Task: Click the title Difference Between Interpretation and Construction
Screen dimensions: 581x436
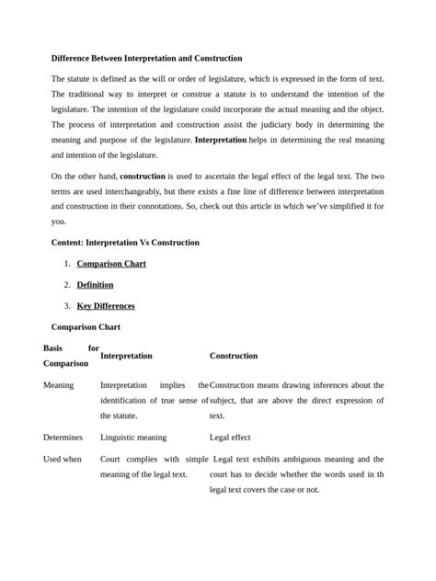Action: click(146, 58)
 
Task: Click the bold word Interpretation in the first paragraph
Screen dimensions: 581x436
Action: click(221, 140)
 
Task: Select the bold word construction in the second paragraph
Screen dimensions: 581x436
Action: click(143, 175)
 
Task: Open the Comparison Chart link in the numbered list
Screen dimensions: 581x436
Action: click(111, 264)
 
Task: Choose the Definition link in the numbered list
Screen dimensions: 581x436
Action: click(95, 285)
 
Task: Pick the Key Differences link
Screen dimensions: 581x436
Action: click(105, 306)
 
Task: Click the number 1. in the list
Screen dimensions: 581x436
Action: click(67, 264)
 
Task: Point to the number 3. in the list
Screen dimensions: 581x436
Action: click(67, 306)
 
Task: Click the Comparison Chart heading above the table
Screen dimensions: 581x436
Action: click(85, 326)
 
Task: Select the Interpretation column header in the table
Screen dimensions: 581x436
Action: click(126, 356)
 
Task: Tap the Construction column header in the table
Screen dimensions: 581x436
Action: click(234, 356)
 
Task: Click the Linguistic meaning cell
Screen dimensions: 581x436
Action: click(133, 438)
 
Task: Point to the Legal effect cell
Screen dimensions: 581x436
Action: click(230, 438)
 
